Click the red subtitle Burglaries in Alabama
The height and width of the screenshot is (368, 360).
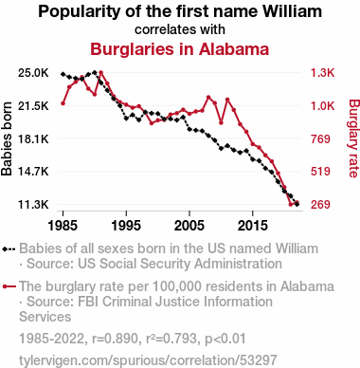coord(180,49)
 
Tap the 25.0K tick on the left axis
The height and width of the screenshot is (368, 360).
coord(33,73)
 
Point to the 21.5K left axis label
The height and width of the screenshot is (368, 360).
coord(33,106)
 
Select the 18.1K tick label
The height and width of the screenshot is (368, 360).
coord(33,138)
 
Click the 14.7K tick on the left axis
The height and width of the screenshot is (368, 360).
coord(33,172)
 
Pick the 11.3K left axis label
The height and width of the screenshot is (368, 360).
coord(33,205)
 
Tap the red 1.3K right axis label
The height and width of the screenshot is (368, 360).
coord(322,73)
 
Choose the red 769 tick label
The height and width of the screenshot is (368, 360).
coord(320,138)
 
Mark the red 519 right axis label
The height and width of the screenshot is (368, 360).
coord(320,172)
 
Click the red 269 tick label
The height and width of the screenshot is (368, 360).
coord(320,205)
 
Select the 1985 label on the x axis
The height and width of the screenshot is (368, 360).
coord(63,226)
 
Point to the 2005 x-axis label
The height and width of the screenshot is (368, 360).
coord(189,226)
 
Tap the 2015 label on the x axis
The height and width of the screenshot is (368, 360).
coord(252,226)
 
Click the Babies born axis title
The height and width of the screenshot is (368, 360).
coord(7,138)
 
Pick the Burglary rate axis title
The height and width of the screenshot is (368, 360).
coord(353,138)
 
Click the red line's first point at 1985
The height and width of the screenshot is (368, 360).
coord(63,103)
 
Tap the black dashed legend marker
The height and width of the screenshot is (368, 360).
coord(9,248)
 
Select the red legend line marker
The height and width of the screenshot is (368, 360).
coord(9,286)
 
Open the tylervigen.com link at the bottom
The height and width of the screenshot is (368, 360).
coord(148,360)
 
